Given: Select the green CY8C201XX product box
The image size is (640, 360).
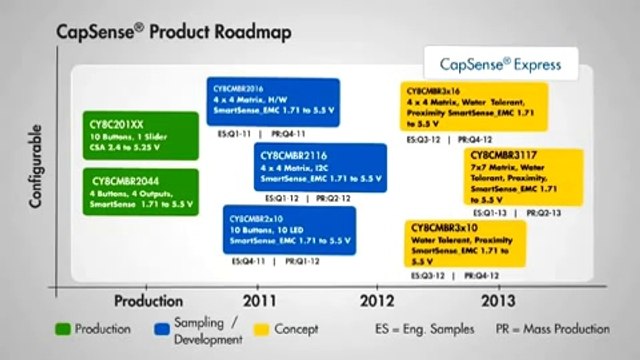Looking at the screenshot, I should [x=122, y=137].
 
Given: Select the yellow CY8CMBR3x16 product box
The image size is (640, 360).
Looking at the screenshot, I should [x=474, y=107].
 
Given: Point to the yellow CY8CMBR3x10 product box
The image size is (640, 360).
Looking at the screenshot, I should [x=465, y=243].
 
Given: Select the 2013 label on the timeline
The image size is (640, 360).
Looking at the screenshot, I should [x=500, y=299].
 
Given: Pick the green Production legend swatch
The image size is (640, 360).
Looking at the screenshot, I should [x=62, y=329].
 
